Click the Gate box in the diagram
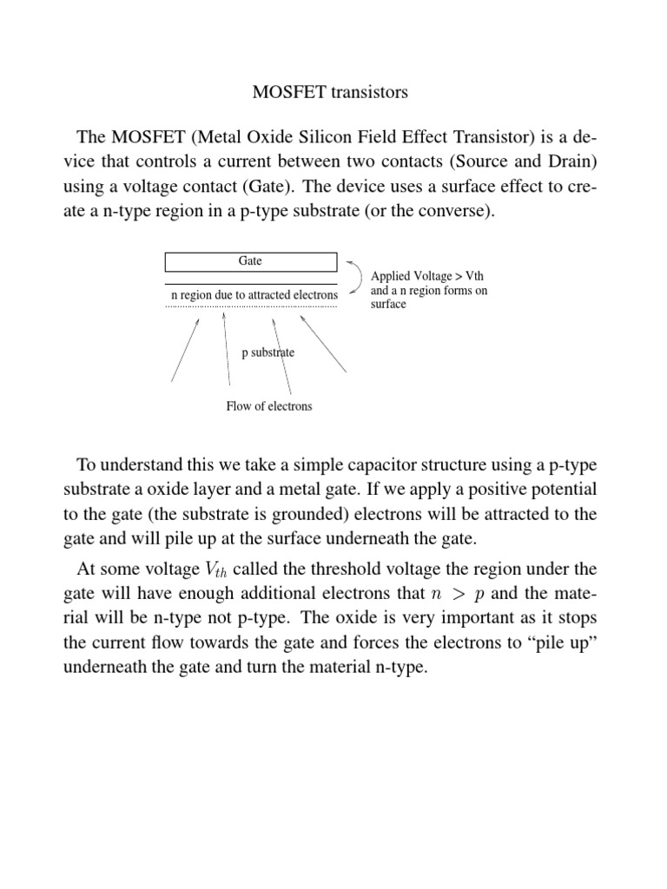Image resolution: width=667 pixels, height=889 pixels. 250,261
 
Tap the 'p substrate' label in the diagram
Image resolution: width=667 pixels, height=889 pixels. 267,352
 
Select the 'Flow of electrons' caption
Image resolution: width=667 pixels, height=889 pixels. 268,406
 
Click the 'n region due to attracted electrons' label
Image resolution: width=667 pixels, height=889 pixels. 254,296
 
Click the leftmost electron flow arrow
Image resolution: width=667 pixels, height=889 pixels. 185,349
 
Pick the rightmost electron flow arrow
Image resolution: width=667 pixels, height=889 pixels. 323,344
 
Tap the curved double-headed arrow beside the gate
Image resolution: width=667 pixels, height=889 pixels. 356,277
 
